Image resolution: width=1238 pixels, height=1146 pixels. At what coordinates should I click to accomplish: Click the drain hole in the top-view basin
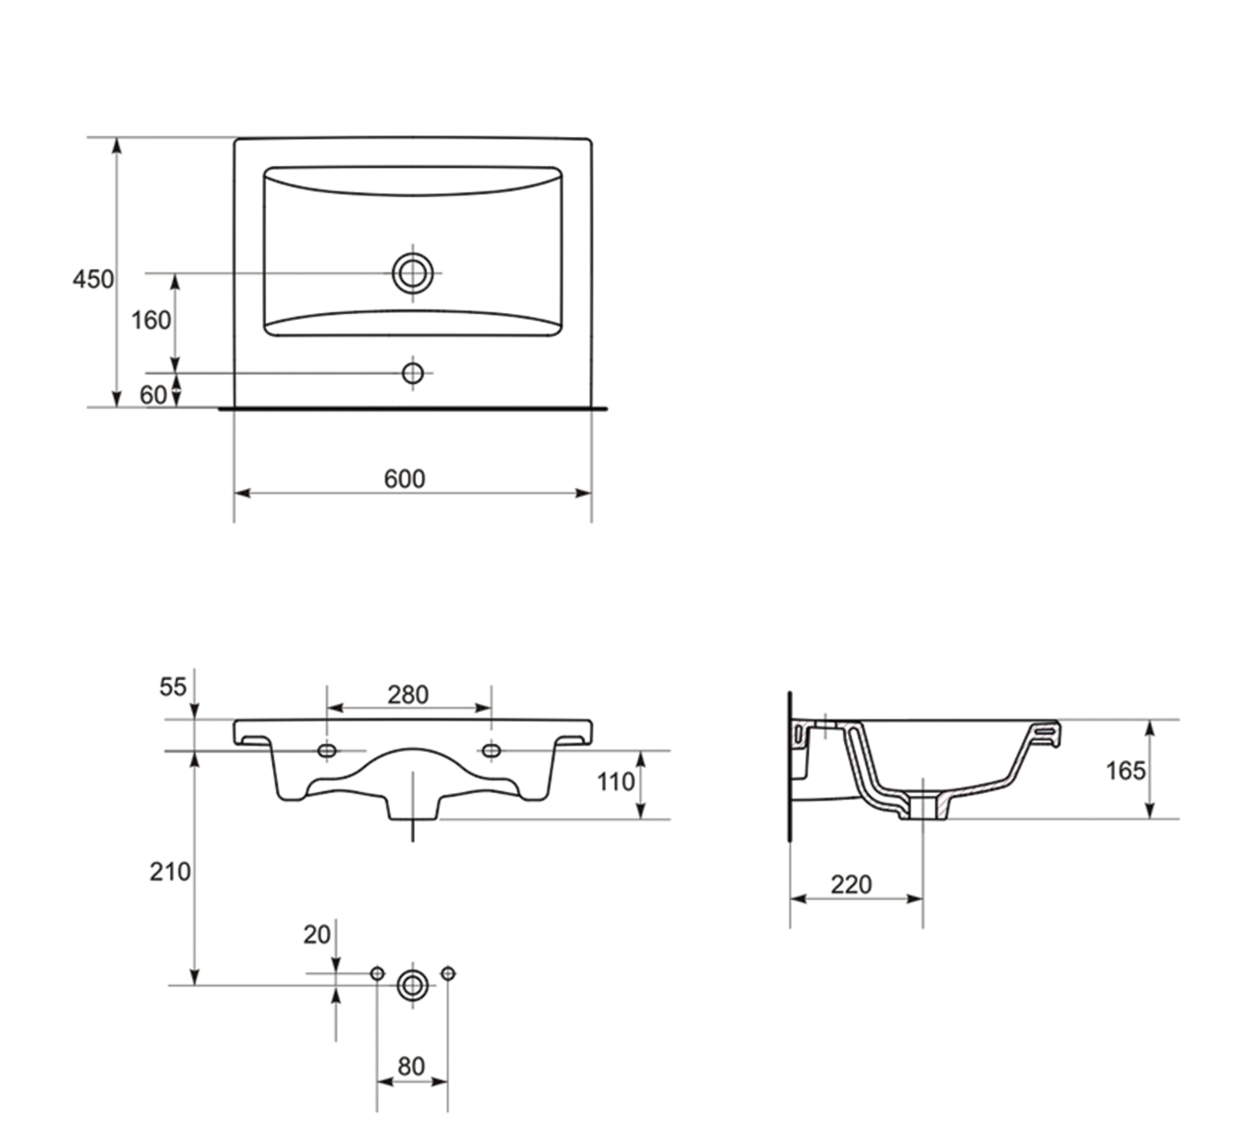coord(413,273)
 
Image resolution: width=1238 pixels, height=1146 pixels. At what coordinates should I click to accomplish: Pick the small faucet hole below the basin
coord(413,373)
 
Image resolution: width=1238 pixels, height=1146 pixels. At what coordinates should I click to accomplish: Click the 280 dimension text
coord(408,695)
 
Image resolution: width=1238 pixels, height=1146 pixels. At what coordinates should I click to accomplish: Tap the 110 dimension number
coord(616,782)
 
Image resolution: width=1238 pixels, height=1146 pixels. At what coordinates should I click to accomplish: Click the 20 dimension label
coord(317,935)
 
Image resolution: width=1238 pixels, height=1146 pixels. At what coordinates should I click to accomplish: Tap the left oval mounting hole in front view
coord(327,751)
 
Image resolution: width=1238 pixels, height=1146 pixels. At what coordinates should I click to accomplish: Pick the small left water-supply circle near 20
coord(377,974)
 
